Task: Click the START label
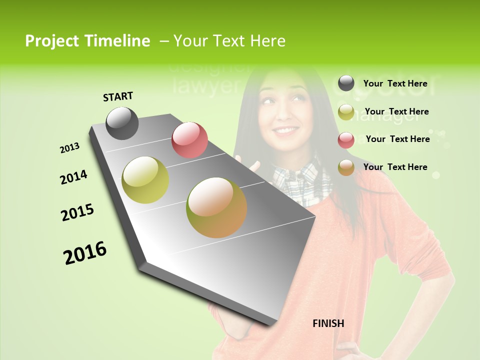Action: point(118,96)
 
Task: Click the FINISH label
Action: point(328,323)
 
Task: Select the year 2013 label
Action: point(69,148)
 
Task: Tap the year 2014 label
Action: point(73,177)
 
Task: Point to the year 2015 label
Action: point(77,212)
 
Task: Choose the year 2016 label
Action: point(85,253)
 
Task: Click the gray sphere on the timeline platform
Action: point(122,123)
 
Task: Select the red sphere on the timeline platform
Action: point(189,140)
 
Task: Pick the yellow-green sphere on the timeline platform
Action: point(145,180)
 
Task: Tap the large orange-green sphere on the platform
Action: point(216,207)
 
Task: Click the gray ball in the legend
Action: point(346,83)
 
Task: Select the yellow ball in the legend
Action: point(346,112)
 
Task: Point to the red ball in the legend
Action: point(346,140)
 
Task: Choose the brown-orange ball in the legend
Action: point(346,167)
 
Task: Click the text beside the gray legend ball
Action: point(395,83)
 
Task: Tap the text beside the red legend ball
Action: point(397,139)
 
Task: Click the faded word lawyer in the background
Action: point(205,86)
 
